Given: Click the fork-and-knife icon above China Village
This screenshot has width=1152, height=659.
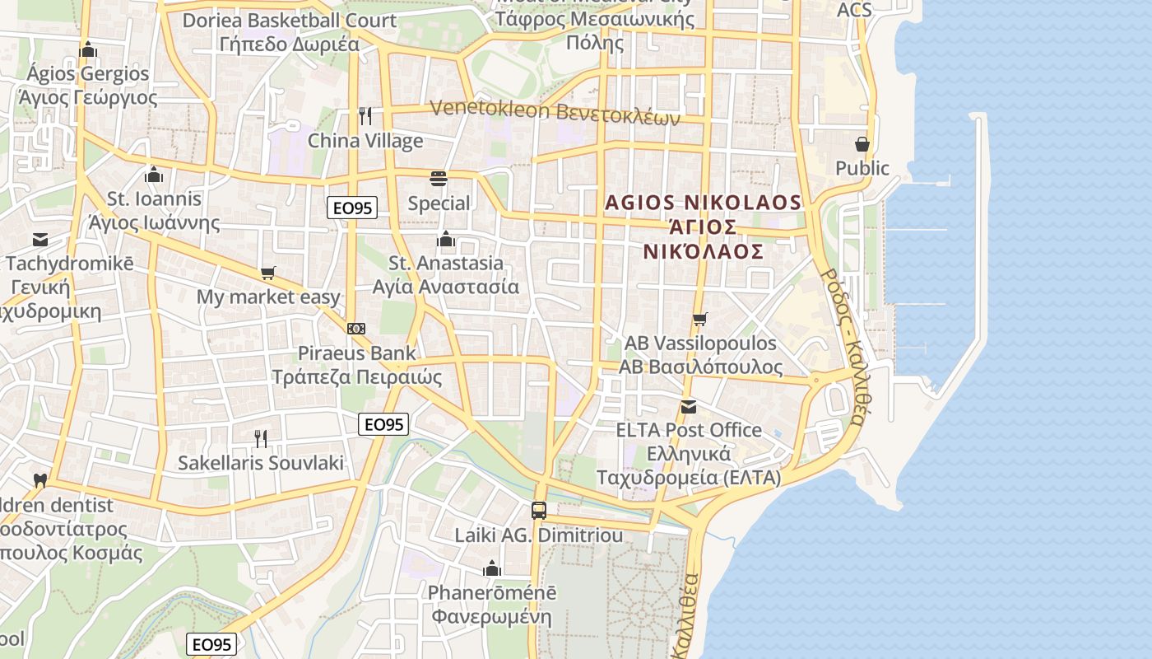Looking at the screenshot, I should [365, 115].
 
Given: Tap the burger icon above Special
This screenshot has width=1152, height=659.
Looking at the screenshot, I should [439, 178].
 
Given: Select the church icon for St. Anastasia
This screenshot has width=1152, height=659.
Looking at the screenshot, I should [446, 239].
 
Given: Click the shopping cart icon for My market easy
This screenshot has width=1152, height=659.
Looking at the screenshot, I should [267, 273].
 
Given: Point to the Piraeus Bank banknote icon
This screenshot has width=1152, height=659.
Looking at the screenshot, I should [356, 328].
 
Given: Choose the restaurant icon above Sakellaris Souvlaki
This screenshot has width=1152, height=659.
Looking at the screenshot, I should [261, 437].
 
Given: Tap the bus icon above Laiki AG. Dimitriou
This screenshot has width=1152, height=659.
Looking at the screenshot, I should [539, 510].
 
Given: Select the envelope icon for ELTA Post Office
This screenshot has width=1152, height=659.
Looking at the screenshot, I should [689, 406].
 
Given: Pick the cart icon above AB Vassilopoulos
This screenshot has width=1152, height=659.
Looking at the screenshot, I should [699, 319].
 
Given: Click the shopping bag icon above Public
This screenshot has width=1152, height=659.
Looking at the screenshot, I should [862, 144].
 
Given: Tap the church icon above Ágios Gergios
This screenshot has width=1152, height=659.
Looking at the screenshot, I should [88, 49].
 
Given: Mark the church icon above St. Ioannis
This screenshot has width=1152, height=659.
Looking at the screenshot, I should [153, 174].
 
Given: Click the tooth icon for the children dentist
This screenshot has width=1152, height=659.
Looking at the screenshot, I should [39, 480].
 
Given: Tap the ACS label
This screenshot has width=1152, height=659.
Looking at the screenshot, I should [854, 11].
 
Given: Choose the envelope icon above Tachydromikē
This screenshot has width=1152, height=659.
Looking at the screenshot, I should [39, 240].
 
